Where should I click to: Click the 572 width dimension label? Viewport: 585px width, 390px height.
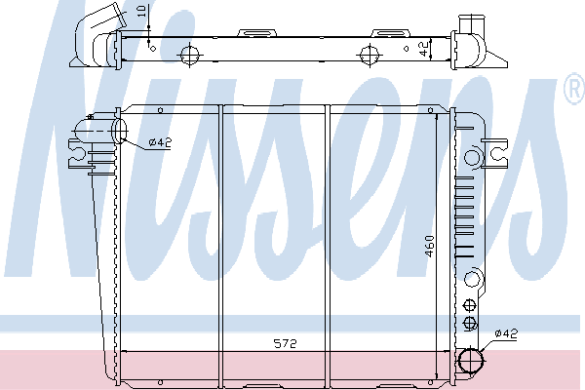[286, 343]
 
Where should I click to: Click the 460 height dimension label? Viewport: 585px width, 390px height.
[429, 246]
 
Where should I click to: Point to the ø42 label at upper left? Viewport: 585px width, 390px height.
[160, 142]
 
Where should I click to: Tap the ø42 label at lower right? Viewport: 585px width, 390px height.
[506, 333]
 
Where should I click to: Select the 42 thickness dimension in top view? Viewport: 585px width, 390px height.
[424, 49]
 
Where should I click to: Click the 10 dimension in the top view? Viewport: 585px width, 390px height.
[141, 11]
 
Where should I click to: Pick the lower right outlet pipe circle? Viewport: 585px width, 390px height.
[471, 360]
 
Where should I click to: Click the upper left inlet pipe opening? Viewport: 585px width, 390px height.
[119, 131]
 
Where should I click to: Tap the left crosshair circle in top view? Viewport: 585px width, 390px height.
[190, 56]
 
